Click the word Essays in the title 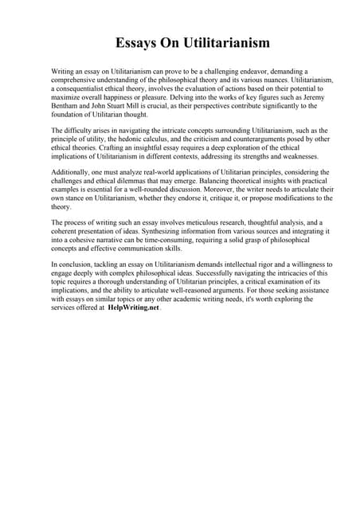click(139, 42)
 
